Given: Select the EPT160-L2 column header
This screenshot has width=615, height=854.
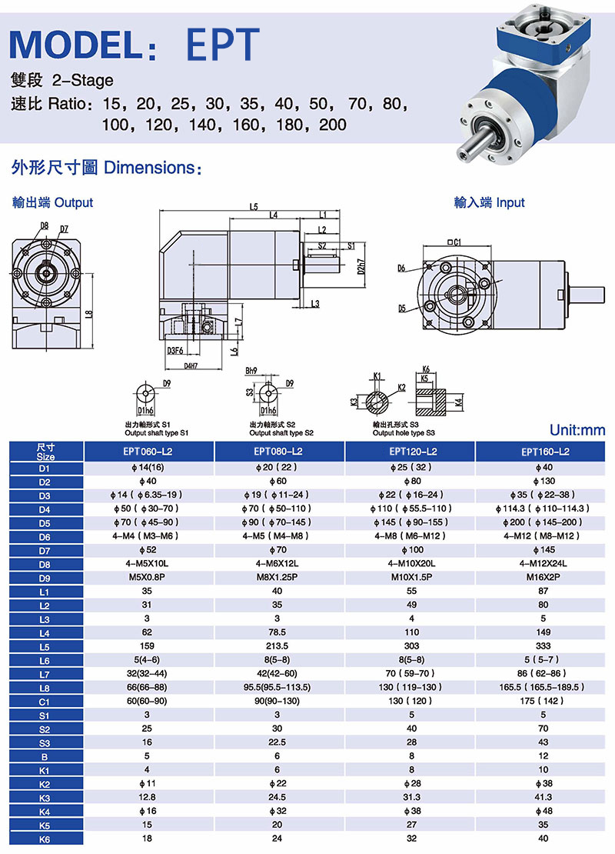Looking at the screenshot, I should tap(544, 452).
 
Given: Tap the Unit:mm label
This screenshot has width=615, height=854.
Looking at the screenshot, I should tap(577, 430).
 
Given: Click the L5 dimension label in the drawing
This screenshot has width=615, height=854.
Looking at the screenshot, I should tap(254, 206).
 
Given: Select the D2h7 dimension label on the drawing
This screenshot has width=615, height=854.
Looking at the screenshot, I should tap(361, 266).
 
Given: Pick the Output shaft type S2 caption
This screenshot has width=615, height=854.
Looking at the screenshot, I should tap(281, 433).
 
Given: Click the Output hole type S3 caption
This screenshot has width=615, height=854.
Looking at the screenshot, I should tap(404, 433).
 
